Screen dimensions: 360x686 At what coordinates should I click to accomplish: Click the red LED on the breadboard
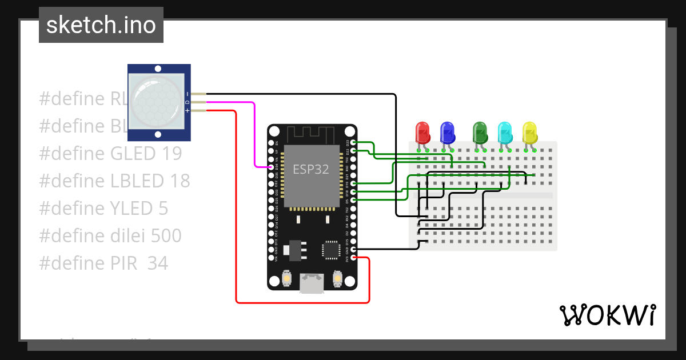pos(422,133)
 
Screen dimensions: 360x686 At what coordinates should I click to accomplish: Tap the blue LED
pos(447,133)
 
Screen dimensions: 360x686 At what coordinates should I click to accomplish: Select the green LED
pos(480,133)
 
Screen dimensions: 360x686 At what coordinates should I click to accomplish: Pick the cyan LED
pos(505,133)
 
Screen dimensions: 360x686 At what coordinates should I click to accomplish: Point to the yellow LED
pos(529,133)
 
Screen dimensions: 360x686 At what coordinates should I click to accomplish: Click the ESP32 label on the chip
pos(311,169)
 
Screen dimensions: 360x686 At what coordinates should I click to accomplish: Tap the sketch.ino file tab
pos(101,25)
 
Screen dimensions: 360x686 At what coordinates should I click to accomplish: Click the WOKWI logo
pos(607,315)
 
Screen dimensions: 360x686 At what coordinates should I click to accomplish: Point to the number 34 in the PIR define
pos(158,263)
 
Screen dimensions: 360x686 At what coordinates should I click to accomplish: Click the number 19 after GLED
pos(171,154)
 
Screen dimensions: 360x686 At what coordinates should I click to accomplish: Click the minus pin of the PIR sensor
pos(198,93)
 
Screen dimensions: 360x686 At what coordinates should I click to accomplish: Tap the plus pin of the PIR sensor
pos(198,111)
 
